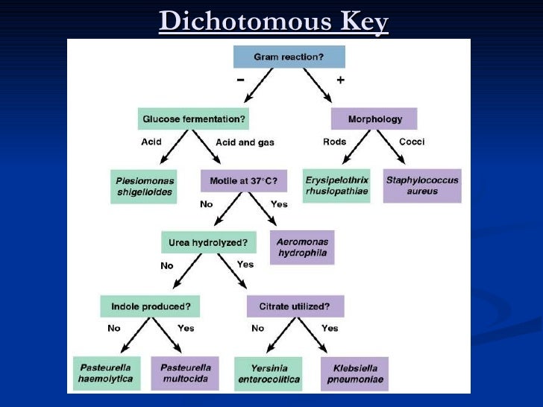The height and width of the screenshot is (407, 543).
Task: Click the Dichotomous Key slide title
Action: click(274, 22)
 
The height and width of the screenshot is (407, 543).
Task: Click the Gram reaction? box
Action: click(289, 57)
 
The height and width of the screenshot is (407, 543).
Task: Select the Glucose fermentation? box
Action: click(193, 119)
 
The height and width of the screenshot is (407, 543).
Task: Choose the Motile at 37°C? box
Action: click(244, 180)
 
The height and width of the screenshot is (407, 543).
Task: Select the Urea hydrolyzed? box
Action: click(209, 242)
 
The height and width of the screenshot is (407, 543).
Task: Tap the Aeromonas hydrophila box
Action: click(303, 247)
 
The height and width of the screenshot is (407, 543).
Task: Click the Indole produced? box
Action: click(149, 306)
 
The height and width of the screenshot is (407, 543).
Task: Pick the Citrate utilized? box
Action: click(295, 306)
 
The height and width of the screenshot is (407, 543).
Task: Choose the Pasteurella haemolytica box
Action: click(105, 373)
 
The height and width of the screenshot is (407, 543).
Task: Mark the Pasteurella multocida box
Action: click(185, 373)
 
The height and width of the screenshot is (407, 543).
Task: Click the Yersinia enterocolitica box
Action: click(268, 373)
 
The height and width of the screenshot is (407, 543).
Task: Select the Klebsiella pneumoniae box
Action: click(355, 373)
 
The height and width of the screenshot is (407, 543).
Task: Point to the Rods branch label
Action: click(334, 142)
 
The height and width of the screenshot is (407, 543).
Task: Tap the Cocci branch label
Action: click(412, 142)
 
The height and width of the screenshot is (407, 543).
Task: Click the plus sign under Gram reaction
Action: click(340, 80)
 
